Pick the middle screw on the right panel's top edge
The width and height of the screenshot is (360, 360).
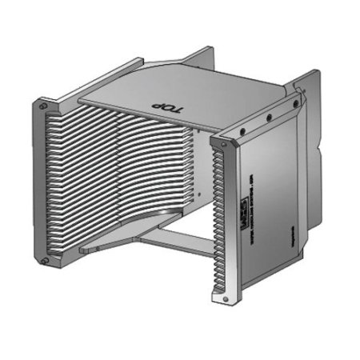click(x=269, y=118)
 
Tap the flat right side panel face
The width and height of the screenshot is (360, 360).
click(x=268, y=192)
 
